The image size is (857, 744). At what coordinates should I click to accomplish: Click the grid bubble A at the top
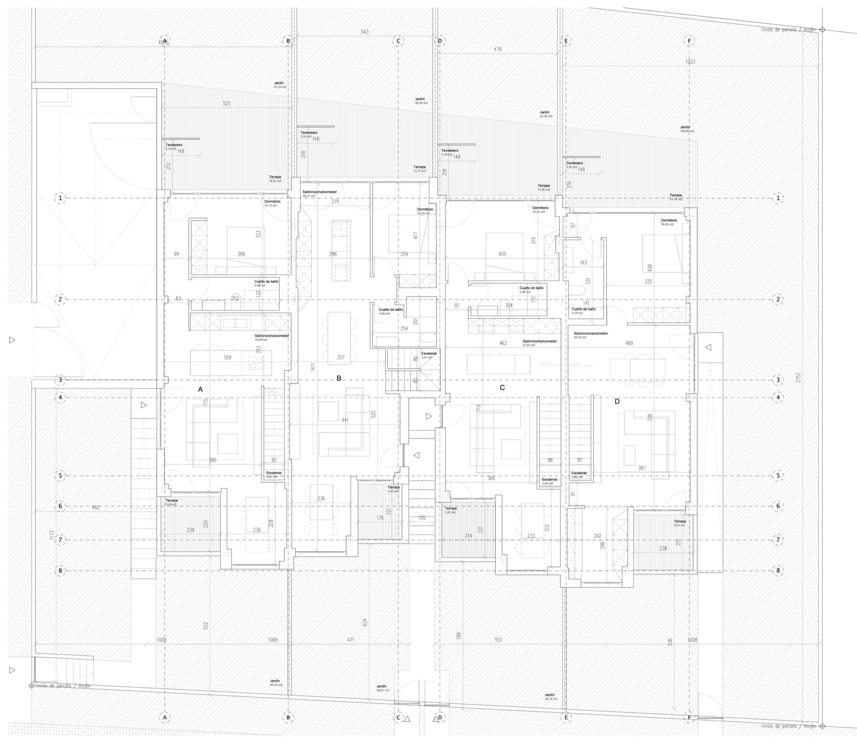coord(164,41)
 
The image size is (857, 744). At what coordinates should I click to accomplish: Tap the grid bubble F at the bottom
coord(689,717)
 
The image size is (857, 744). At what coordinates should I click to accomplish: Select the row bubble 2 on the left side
coord(60,299)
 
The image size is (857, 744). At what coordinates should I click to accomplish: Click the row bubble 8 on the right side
coord(778,570)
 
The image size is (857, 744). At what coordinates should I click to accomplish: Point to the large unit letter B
coord(339,378)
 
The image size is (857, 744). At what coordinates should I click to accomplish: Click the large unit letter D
coord(617,401)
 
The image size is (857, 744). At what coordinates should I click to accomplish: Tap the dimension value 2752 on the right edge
coord(798,378)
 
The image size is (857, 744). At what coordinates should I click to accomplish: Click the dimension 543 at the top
coord(365,32)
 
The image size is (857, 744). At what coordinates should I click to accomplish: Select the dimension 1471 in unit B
coord(313,367)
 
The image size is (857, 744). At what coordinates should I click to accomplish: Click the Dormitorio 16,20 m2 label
coord(669,222)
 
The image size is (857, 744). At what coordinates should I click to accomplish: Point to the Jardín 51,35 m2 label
coord(280,85)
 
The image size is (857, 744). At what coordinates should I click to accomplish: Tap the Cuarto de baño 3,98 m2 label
coord(531,290)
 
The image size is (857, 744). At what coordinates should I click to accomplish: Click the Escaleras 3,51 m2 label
coord(429,355)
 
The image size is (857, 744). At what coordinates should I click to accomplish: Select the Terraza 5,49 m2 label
coord(172,502)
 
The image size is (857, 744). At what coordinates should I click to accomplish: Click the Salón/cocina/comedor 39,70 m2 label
coord(590,335)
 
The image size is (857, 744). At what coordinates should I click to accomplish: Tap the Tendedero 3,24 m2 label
coord(309,134)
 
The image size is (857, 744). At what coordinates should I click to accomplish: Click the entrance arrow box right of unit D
coord(708,347)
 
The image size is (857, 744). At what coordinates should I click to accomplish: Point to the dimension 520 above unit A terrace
coord(227,103)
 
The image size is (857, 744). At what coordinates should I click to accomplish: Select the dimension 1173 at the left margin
coord(51,535)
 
